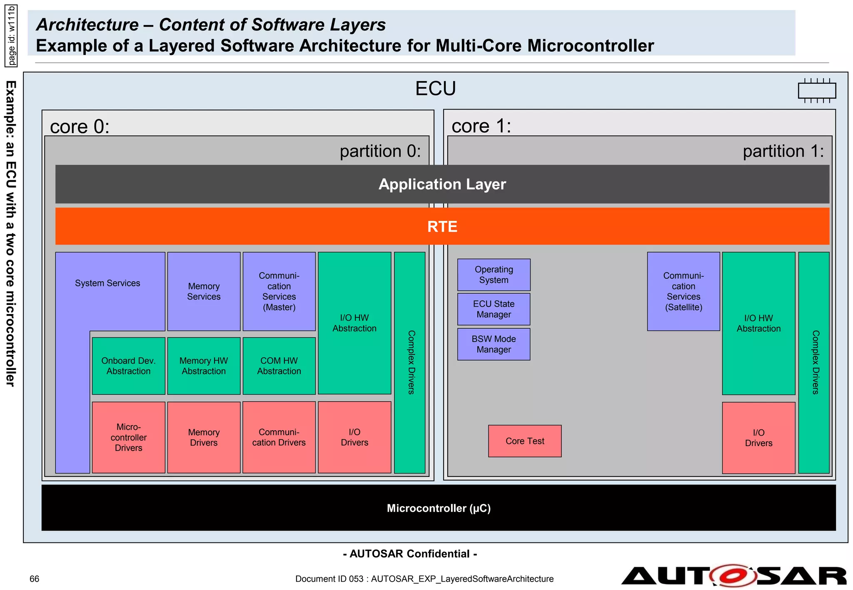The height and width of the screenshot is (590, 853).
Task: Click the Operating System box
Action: tap(494, 275)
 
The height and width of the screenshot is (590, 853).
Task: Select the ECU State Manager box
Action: tap(494, 309)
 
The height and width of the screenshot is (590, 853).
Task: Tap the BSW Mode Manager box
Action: tap(494, 344)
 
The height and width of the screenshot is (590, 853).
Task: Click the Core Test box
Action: tap(525, 441)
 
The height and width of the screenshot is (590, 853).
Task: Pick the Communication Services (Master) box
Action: tap(279, 291)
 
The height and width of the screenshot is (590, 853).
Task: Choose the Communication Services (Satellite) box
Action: tap(683, 291)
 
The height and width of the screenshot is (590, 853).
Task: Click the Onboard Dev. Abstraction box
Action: tap(128, 366)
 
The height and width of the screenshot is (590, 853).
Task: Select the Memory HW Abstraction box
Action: tap(204, 366)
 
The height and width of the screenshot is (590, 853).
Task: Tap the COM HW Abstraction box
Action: tap(279, 366)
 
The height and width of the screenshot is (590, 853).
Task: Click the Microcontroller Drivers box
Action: tap(128, 437)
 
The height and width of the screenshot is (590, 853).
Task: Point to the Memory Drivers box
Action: tap(204, 437)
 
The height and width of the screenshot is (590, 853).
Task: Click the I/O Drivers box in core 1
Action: tap(758, 438)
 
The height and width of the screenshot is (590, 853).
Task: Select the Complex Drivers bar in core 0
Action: tap(410, 362)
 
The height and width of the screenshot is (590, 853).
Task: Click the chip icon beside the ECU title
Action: tap(817, 90)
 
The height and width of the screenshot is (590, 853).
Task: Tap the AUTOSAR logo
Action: tap(734, 576)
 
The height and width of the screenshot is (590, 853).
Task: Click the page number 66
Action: tap(34, 579)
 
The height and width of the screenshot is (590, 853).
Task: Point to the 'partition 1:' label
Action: tap(783, 151)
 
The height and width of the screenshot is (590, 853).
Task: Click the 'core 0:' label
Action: tap(80, 126)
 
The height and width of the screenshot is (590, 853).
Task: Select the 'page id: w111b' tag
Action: tap(11, 36)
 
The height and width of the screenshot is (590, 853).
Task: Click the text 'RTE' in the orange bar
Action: tap(442, 227)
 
